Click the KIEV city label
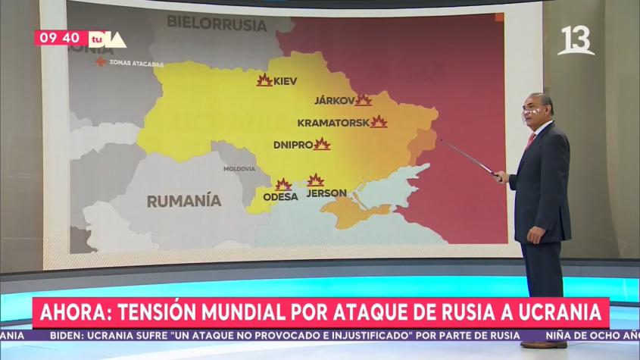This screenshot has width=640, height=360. [x=285, y=80]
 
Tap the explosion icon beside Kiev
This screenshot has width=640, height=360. [x=264, y=80]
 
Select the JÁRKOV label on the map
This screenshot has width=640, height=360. [x=334, y=100]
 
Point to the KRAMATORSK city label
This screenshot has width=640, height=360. [x=332, y=122]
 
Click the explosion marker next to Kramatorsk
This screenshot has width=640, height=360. [x=379, y=121]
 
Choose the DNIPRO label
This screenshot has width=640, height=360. [x=293, y=144]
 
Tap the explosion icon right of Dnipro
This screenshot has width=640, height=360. [x=322, y=144]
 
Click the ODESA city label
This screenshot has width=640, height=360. [x=279, y=197]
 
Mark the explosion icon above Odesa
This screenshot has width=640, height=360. [x=283, y=184]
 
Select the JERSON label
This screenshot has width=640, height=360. [x=326, y=193]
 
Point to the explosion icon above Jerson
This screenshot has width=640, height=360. [x=315, y=180]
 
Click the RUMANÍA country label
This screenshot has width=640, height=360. [x=183, y=201]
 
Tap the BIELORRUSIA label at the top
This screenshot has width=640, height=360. [x=217, y=24]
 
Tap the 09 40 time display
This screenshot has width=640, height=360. [x=60, y=38]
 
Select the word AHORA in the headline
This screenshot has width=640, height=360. [x=71, y=311]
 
